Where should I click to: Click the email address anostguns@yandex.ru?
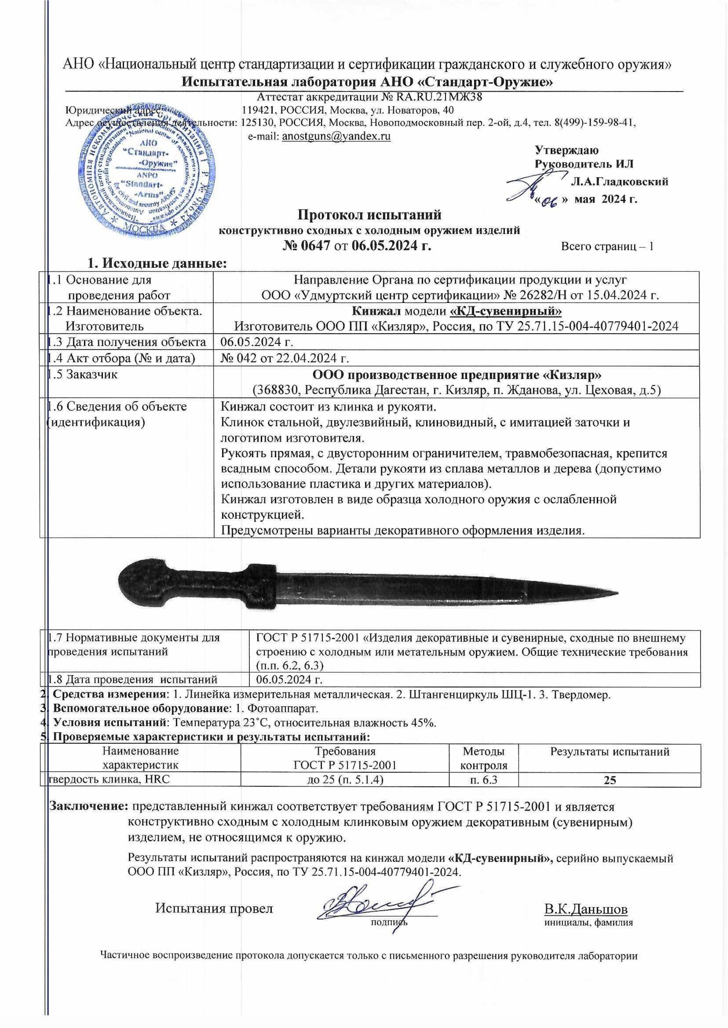click(x=336, y=136)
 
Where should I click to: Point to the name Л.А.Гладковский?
click(x=620, y=181)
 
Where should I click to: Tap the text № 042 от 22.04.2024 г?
click(x=286, y=358)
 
